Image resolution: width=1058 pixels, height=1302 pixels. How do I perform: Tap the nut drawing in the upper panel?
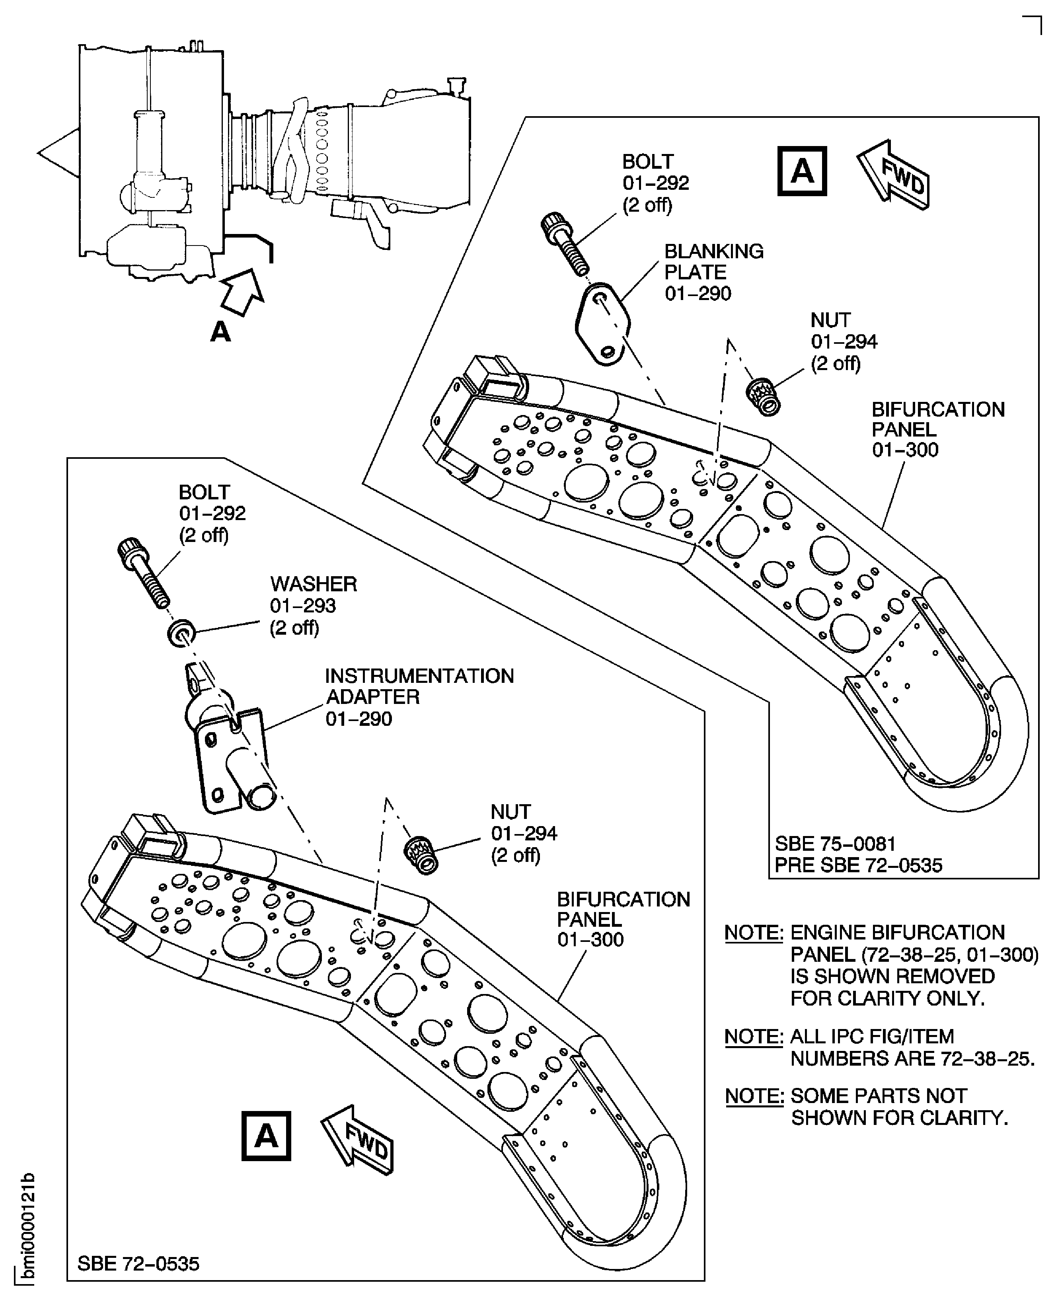(x=764, y=396)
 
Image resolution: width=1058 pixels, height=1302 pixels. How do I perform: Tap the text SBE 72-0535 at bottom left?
(x=138, y=1263)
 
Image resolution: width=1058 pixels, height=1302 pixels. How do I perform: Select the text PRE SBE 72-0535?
(x=858, y=865)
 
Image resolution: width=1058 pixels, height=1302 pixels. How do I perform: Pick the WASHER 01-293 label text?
(x=313, y=605)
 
